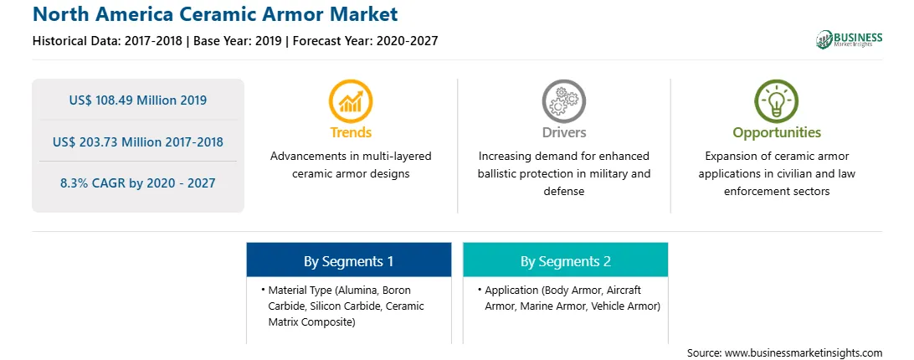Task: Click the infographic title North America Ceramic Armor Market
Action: [x=215, y=13]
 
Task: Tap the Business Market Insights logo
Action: [x=850, y=39]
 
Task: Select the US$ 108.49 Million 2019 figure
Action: [x=137, y=100]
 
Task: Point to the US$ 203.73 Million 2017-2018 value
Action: [x=137, y=141]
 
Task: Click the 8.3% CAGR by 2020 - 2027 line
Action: [x=137, y=183]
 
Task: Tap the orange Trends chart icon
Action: [x=351, y=101]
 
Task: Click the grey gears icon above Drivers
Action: [x=563, y=101]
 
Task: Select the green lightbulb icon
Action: [x=777, y=101]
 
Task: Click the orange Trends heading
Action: [x=351, y=132]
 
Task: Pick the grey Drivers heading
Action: [x=563, y=132]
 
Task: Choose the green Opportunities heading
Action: [x=777, y=133]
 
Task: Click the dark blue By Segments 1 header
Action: [x=348, y=260]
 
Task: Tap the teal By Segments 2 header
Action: [x=566, y=260]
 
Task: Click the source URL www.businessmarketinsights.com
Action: [x=804, y=352]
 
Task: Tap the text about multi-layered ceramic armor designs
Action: [x=351, y=165]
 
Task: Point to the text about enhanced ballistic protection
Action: [x=563, y=173]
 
